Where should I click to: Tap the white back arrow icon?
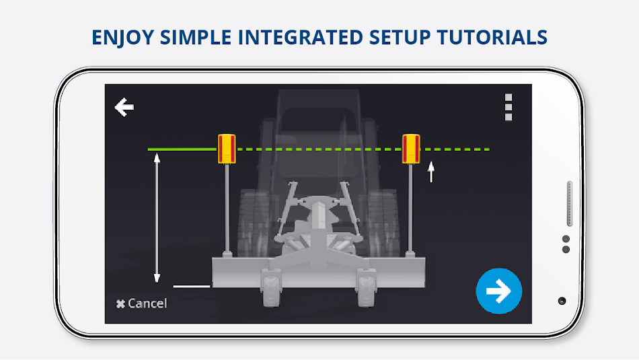pos(124,107)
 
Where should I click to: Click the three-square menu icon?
pos(509,107)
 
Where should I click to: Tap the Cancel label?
pos(141,303)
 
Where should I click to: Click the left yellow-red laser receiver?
pos(227,149)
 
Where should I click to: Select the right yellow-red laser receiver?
pos(411,149)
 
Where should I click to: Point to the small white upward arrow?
pos(430,172)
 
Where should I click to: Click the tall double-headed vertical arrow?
pos(157,218)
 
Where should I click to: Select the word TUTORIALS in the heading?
pos(492,37)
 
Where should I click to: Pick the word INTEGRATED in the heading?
pos(301,37)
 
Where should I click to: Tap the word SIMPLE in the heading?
pos(196,37)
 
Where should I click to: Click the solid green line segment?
pos(182,149)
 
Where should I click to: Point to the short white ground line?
pos(192,286)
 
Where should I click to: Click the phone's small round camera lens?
pos(562,301)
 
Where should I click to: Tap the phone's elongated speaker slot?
pos(569,203)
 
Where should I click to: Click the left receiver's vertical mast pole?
pos(227,208)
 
